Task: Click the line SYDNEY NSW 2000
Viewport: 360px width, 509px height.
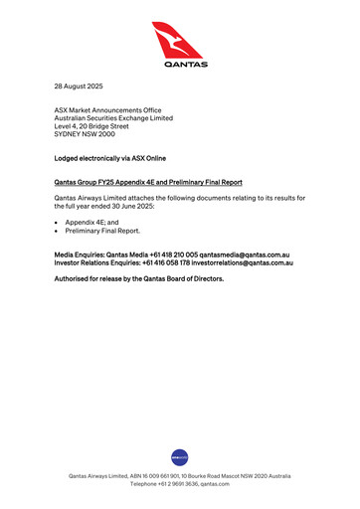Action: point(86,135)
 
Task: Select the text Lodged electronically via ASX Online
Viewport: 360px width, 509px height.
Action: point(108,158)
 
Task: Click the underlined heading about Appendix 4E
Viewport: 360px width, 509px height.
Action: point(147,183)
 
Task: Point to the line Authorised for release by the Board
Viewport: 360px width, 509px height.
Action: point(138,279)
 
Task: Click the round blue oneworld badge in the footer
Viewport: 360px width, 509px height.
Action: point(180,457)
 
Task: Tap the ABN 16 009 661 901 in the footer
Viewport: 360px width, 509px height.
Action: point(139,476)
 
